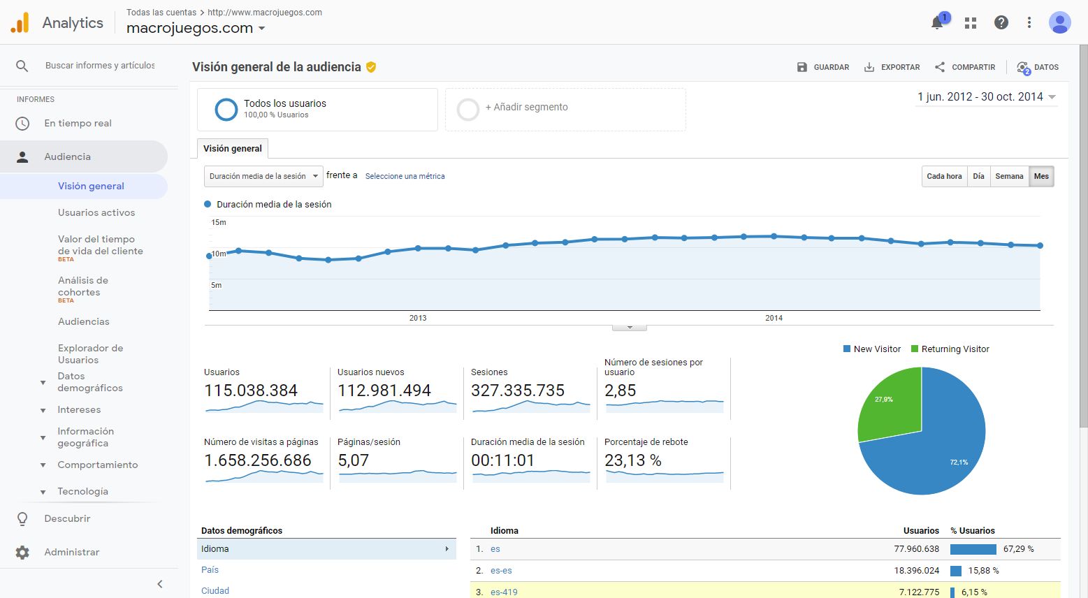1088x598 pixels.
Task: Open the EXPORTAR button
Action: point(892,67)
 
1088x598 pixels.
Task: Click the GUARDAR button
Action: point(823,67)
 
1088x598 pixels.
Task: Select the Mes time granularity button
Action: point(1041,176)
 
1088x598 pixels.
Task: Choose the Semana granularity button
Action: point(1009,176)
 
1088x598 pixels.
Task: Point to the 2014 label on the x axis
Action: point(774,318)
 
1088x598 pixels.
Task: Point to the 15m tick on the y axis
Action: point(219,223)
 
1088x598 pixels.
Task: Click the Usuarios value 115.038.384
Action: point(251,391)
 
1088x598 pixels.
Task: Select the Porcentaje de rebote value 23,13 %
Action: point(632,460)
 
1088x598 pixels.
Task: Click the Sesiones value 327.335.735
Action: point(517,391)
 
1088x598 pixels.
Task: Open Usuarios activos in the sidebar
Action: point(96,212)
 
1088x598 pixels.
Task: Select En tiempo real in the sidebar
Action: point(78,123)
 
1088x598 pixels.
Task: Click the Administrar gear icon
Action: point(22,553)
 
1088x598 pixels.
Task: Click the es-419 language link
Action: point(504,592)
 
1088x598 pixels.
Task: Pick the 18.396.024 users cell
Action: point(916,571)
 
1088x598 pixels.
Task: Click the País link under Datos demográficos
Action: point(210,570)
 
